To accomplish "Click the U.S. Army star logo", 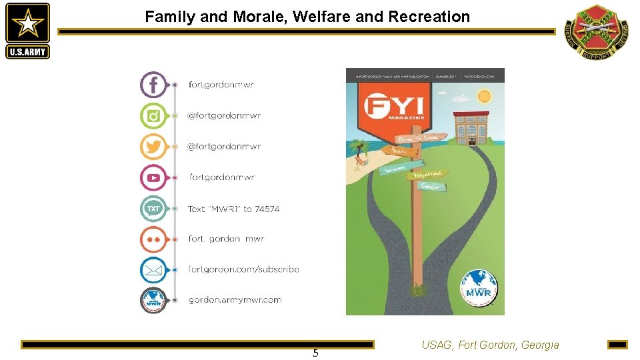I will pos(27,31).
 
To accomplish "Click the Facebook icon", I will pos(153,85).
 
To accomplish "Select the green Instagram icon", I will pos(153,116).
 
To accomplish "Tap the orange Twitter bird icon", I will pos(153,147).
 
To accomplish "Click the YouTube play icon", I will pos(153,177).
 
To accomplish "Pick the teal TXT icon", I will pos(153,209).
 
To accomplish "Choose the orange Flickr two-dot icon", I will pos(153,239).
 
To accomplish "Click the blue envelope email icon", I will pos(153,270).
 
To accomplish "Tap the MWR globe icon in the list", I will pos(153,300).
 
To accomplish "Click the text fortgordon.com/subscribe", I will pos(243,270).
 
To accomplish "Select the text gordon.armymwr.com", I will pos(235,300).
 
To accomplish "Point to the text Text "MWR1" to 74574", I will pos(233,209).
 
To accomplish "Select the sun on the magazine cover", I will pos(483,97).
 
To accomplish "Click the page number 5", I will pos(315,353).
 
